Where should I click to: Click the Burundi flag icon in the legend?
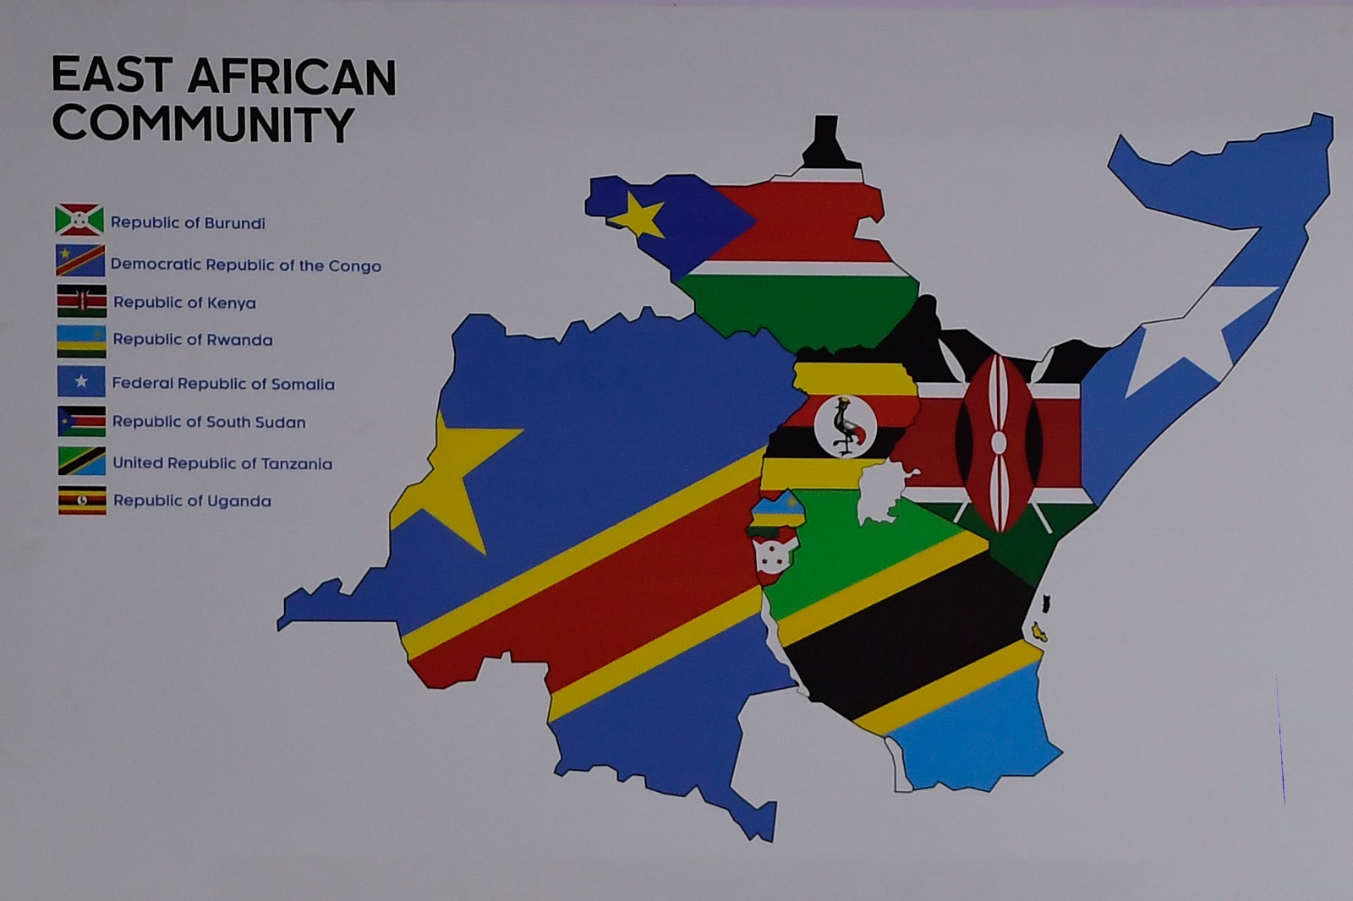(x=79, y=221)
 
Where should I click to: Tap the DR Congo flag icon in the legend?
(x=80, y=260)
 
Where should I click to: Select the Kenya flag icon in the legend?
(x=82, y=301)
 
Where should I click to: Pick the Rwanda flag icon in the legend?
(x=81, y=341)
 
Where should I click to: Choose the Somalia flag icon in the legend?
(x=81, y=381)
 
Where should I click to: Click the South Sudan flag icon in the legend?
(x=81, y=421)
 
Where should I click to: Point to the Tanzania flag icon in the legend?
(x=81, y=461)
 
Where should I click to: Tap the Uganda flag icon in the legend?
(x=82, y=500)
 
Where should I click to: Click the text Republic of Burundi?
(x=188, y=223)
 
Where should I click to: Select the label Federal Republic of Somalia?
(x=223, y=384)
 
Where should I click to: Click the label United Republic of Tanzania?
(x=222, y=463)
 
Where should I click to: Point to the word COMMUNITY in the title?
(x=203, y=124)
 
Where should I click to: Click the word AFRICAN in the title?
(x=291, y=76)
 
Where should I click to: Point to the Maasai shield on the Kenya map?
(x=999, y=443)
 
